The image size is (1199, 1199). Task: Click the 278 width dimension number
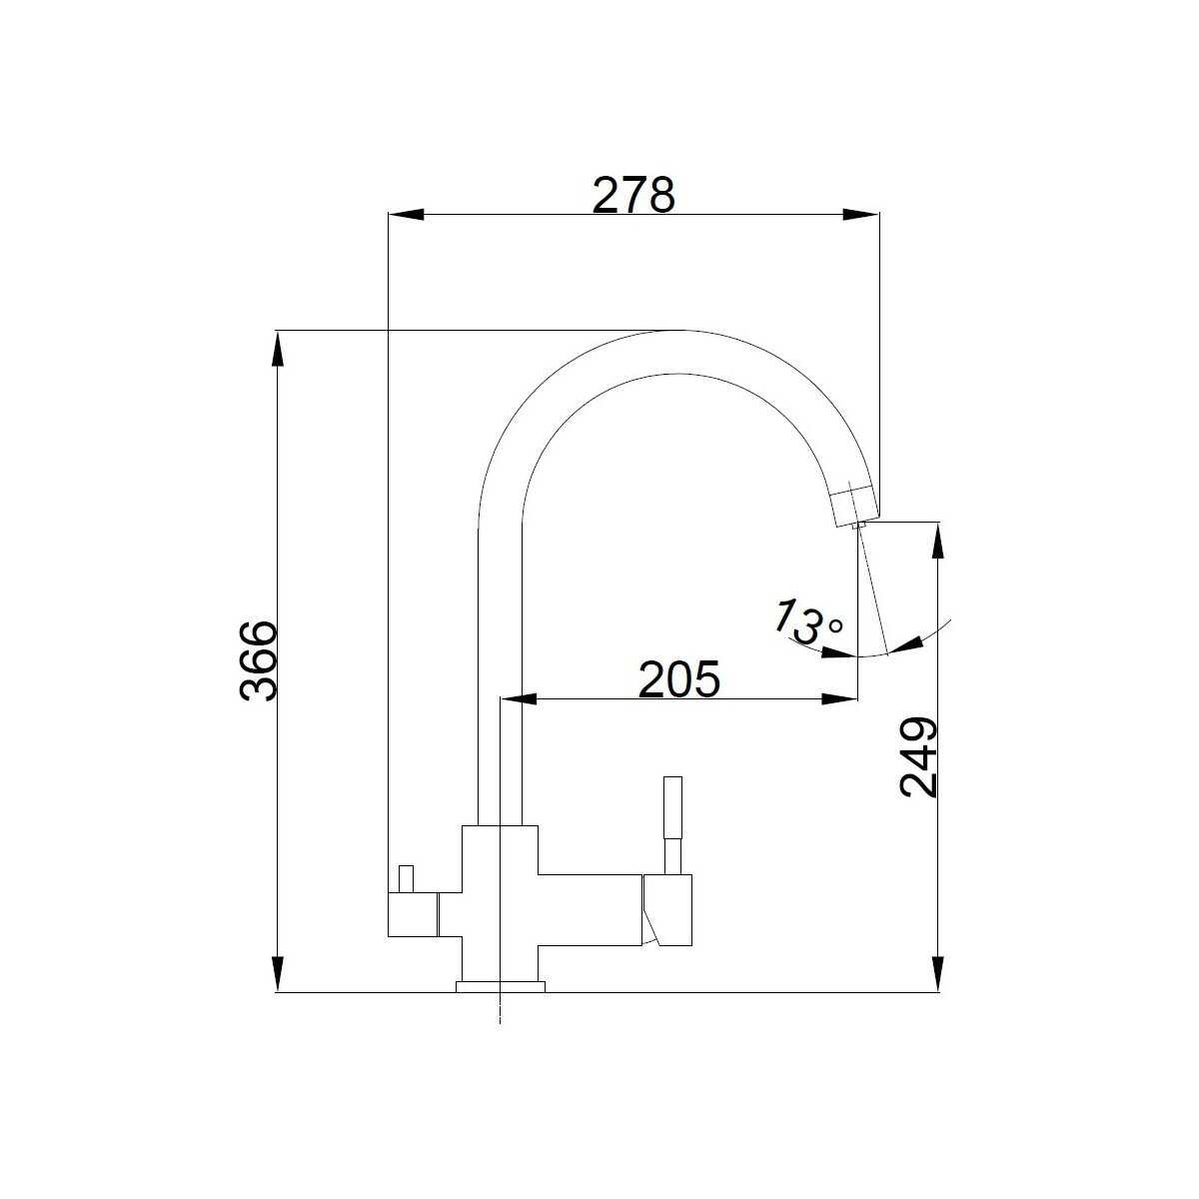[632, 194]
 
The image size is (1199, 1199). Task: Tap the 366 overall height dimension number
[258, 660]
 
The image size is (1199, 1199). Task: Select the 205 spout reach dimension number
[678, 678]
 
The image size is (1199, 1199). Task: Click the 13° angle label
[807, 620]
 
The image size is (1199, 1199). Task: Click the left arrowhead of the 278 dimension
[406, 214]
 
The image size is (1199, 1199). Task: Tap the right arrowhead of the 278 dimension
[861, 214]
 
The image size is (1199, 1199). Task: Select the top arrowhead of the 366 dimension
[278, 349]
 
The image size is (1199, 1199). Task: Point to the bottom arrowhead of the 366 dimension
[278, 974]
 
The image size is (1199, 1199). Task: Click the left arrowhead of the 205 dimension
[519, 699]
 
